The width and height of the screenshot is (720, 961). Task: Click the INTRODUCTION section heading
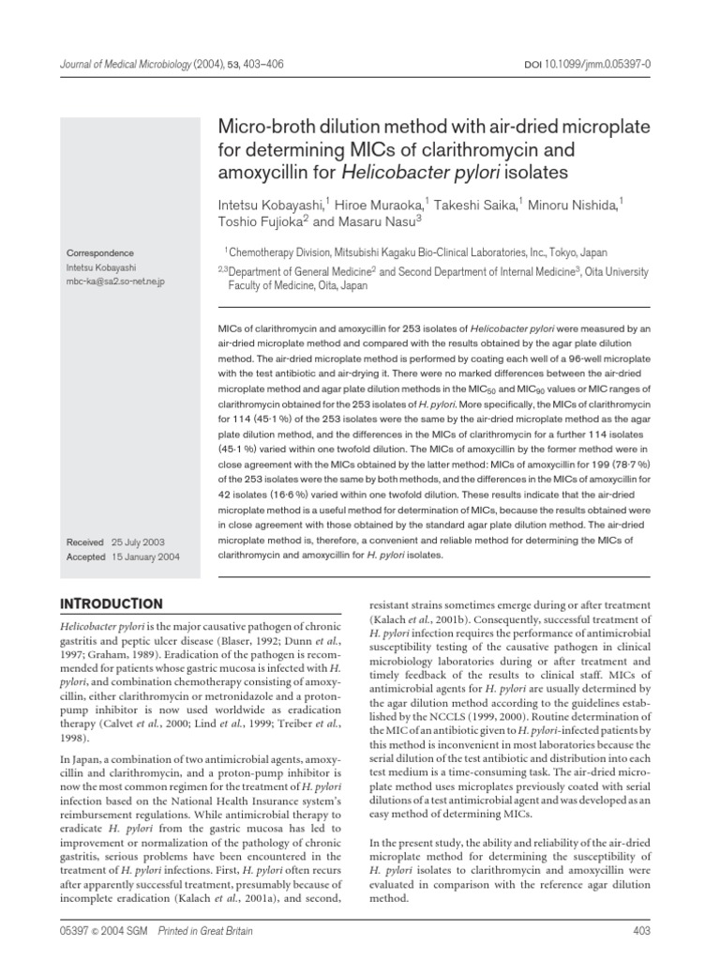click(x=112, y=603)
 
